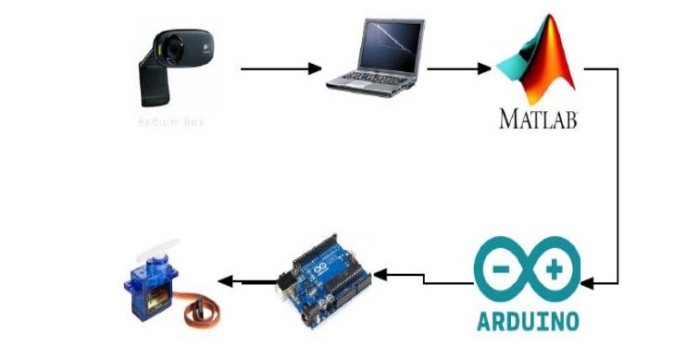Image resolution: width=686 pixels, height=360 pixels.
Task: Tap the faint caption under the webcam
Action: [171, 121]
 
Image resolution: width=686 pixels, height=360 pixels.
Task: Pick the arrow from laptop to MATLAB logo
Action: [458, 68]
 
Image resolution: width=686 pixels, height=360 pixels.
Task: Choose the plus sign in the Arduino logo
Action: [556, 271]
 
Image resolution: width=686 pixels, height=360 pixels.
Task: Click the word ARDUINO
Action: [528, 321]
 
